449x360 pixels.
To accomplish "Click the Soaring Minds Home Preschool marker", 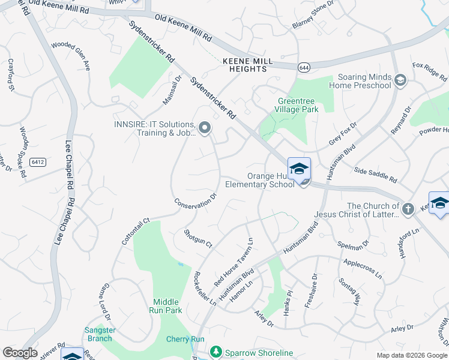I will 400,79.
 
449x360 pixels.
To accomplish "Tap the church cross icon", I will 408,209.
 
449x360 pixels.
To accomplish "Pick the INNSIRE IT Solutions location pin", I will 205,128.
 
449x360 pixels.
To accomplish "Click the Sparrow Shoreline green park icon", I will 215,352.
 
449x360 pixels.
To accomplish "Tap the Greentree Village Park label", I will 297,105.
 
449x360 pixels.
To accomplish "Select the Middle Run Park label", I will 166,306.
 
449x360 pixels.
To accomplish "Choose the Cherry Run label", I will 185,339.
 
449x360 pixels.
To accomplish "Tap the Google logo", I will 20,353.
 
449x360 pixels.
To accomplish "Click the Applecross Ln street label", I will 362,268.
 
